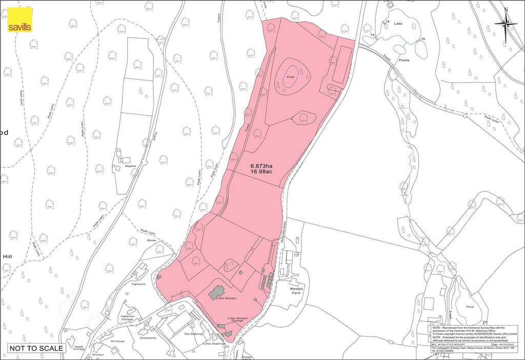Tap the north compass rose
505,23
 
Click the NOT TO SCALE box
36,348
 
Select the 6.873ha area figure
261,166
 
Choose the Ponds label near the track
404,60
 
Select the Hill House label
117,341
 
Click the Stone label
151,240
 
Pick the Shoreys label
97,354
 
